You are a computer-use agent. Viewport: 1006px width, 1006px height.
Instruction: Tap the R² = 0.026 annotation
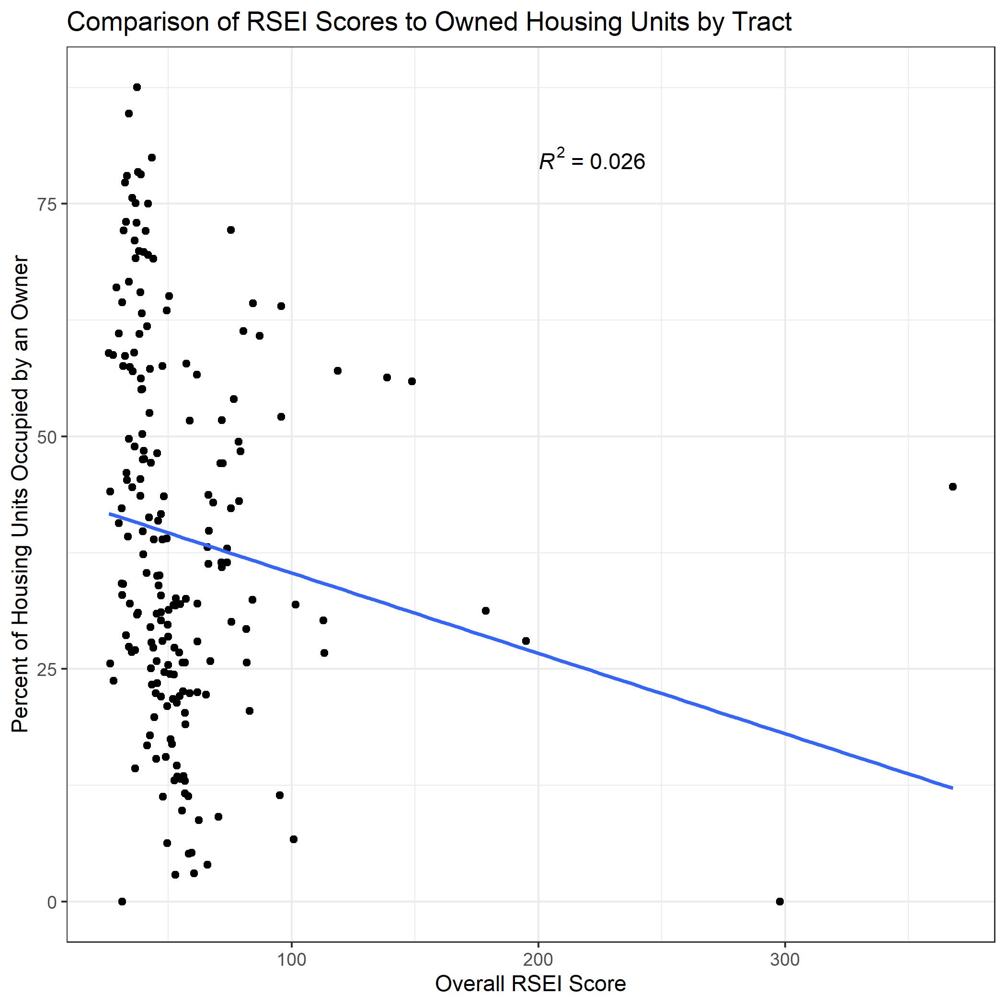592,161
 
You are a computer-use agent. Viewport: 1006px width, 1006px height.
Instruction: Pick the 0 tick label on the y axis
52,902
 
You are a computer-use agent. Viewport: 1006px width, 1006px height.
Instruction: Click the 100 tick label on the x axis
291,960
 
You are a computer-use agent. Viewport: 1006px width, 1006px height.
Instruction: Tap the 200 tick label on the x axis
538,960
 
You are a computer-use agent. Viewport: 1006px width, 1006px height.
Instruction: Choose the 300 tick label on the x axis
784,960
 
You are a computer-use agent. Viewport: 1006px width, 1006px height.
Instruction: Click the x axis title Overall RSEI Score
530,984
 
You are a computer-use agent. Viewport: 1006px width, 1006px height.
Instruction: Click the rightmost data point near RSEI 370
952,487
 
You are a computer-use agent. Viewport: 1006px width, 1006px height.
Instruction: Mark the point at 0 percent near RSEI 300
779,902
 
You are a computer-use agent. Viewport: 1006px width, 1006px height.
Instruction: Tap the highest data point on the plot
137,88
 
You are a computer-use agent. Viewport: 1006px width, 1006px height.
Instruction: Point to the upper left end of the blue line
110,514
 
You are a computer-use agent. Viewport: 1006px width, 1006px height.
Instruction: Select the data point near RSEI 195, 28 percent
526,641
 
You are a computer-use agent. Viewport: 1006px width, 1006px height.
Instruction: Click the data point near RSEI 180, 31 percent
486,611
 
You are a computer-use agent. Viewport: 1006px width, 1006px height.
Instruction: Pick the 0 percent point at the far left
122,902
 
